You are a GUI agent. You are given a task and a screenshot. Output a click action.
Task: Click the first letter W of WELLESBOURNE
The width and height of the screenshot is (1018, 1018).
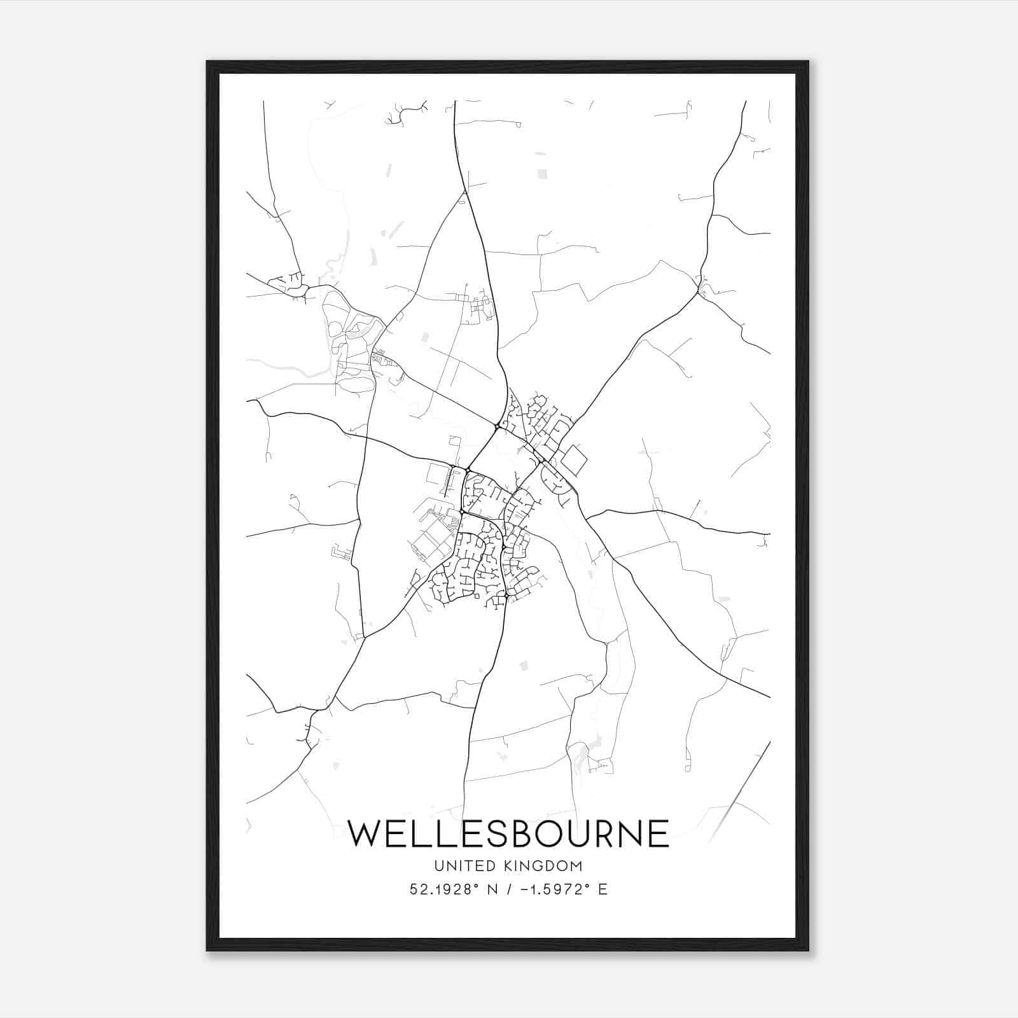pyautogui.click(x=365, y=833)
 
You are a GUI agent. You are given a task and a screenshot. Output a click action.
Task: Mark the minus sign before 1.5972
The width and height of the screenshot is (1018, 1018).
pyautogui.click(x=524, y=889)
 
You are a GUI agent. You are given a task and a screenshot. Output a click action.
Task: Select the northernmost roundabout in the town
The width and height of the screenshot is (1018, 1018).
pyautogui.click(x=496, y=426)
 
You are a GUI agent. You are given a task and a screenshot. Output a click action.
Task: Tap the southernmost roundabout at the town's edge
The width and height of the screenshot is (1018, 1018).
pyautogui.click(x=506, y=596)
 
